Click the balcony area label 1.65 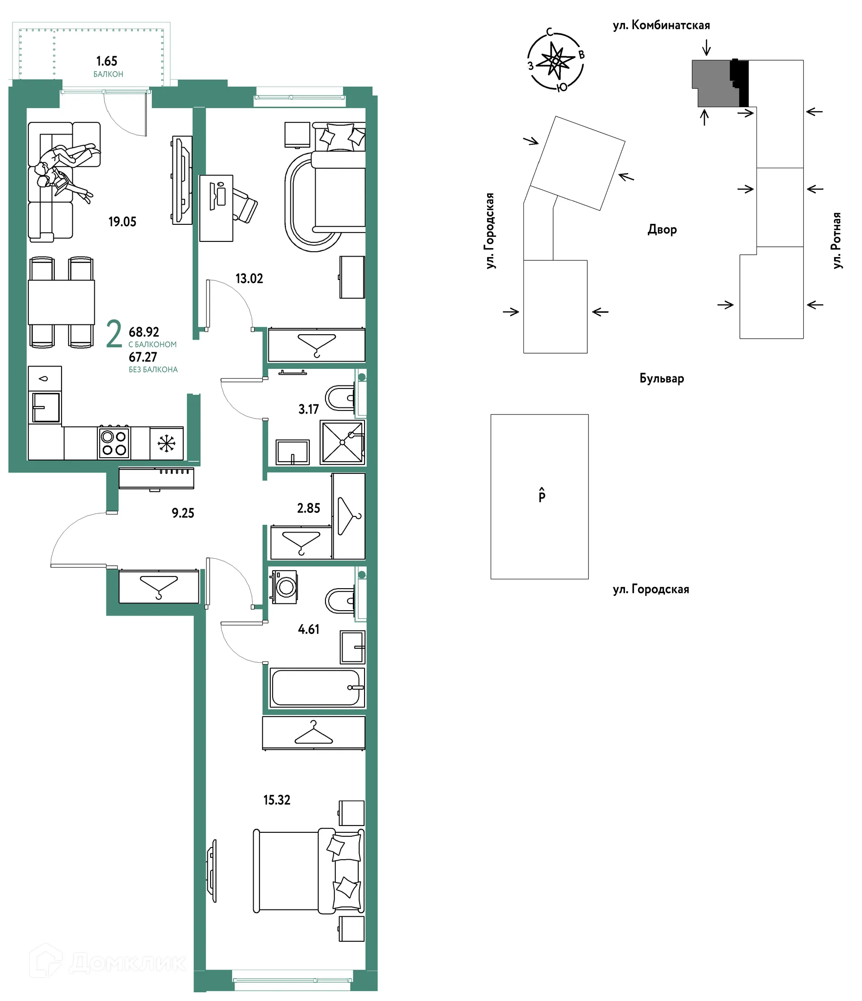[106, 61]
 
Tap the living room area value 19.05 [122, 222]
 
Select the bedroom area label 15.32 [277, 800]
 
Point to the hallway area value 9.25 [183, 513]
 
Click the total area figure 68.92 [144, 332]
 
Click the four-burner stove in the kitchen [114, 443]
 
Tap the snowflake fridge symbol [166, 443]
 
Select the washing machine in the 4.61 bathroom [285, 587]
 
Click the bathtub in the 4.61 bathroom [316, 688]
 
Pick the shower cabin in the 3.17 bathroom [342, 442]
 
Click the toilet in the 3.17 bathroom [340, 398]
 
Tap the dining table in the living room [61, 302]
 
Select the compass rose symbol [555, 61]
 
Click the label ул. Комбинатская [661, 26]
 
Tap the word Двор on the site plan [662, 229]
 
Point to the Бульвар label [661, 378]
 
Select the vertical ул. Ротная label [836, 240]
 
